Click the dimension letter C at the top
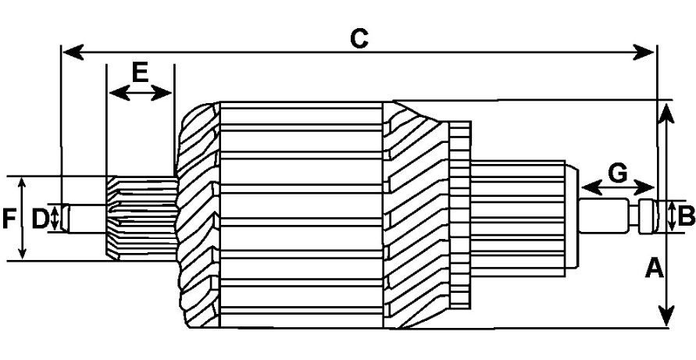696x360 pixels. pos(359,38)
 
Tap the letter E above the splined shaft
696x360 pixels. pos(140,73)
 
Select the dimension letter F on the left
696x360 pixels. pos(9,219)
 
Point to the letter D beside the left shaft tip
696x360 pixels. pos(40,219)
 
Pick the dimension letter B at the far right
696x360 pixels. pos(686,217)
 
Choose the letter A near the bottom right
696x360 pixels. pos(655,269)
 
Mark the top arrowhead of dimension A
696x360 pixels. pos(666,112)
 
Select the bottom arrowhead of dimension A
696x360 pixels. pos(666,316)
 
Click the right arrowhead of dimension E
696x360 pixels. pos(162,93)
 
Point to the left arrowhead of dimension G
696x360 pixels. pos(591,187)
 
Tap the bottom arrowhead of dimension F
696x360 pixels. pos(22,253)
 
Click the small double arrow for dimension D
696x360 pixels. pos(55,218)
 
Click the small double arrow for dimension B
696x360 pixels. pos(672,216)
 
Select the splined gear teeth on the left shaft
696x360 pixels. pos(141,218)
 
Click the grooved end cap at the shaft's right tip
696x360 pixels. pos(648,217)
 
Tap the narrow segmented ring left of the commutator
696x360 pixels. pos(460,215)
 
